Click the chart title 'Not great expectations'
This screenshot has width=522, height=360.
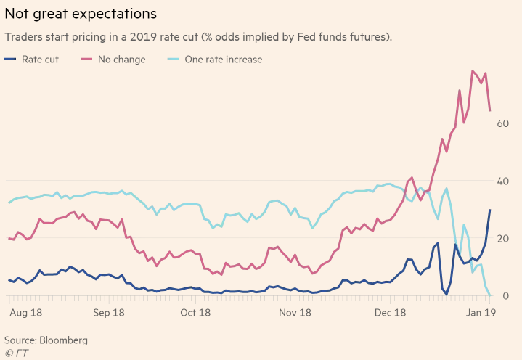[x=81, y=14]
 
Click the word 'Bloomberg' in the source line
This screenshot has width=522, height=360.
[x=63, y=340]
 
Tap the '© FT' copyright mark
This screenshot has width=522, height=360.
[x=15, y=353]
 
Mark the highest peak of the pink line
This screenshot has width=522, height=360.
[x=473, y=71]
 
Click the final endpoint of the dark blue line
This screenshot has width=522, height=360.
[x=490, y=210]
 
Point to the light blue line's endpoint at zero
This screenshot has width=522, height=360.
[x=490, y=295]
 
